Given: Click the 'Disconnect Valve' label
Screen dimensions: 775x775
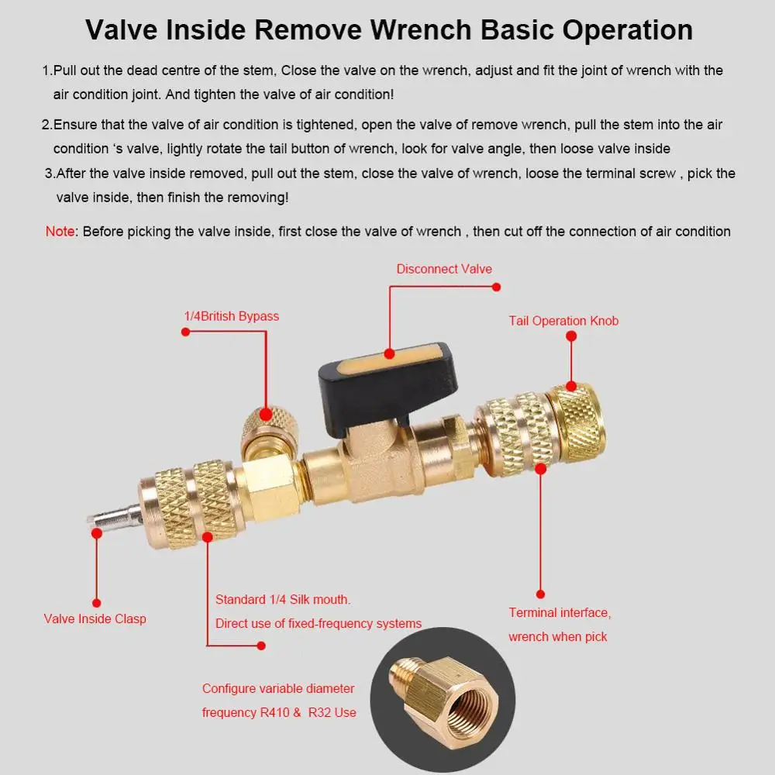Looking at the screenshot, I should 444,269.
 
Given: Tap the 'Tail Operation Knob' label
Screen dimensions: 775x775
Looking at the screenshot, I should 563,321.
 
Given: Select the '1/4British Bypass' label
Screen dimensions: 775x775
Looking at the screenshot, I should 231,316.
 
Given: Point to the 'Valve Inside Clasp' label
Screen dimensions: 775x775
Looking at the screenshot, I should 95,618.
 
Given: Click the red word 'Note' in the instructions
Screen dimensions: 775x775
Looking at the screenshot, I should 60,231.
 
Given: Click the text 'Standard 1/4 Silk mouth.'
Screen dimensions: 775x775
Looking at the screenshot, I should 283,599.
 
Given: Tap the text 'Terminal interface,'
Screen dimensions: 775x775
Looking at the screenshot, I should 560,613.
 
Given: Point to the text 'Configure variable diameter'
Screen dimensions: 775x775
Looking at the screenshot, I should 278,688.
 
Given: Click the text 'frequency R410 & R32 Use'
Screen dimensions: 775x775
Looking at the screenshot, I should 279,711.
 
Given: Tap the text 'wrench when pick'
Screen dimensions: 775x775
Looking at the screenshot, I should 558,636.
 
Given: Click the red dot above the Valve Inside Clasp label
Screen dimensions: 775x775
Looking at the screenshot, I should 97,601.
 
